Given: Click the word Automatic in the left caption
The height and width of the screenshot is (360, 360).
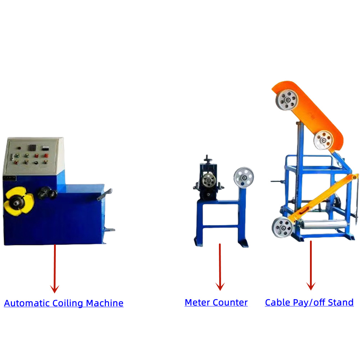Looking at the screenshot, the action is pos(27,303).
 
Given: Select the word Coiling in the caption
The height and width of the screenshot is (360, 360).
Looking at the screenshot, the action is pos(68,303).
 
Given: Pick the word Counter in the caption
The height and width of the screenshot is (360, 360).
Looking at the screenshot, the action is pos(230,302).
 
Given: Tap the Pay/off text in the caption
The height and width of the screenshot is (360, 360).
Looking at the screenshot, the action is pos(307,302).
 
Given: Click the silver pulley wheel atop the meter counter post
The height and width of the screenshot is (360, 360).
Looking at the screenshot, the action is pos(243,177).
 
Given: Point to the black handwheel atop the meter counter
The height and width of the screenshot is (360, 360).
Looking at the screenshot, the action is pos(207,159).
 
